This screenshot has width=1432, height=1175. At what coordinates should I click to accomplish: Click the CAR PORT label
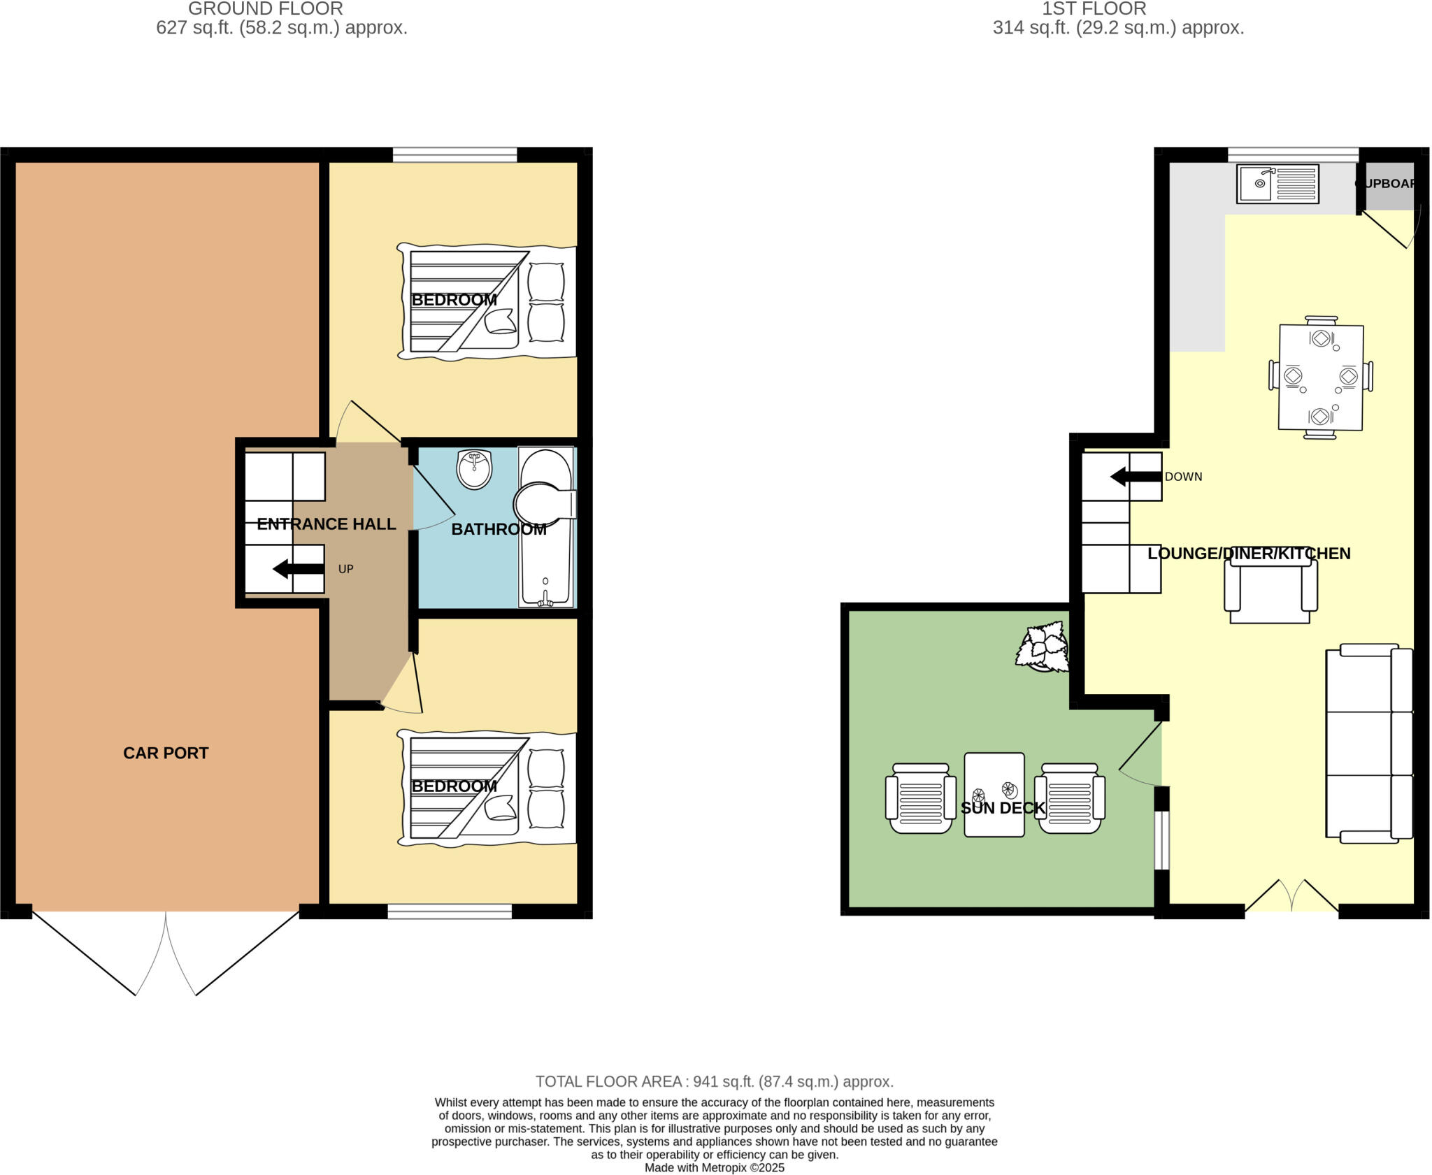166,753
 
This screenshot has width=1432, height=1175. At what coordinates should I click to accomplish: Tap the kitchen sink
1277,184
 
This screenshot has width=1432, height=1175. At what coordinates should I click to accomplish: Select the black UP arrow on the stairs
298,569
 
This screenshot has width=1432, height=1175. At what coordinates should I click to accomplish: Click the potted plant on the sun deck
1043,648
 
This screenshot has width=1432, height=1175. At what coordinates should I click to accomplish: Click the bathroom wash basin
475,469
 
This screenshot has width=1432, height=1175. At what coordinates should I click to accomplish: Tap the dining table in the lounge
1320,377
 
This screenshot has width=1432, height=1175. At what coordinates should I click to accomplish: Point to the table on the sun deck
994,794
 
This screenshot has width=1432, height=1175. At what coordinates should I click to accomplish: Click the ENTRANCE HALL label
326,524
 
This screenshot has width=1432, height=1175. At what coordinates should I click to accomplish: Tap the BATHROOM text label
499,530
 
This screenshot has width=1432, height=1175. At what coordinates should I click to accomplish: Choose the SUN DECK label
1003,808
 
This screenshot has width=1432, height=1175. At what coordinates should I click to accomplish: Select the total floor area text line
714,1081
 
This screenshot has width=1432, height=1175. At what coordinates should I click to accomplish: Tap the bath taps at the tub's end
545,598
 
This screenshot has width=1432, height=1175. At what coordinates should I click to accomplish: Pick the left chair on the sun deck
920,798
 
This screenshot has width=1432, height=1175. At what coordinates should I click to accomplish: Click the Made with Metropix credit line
714,1168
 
